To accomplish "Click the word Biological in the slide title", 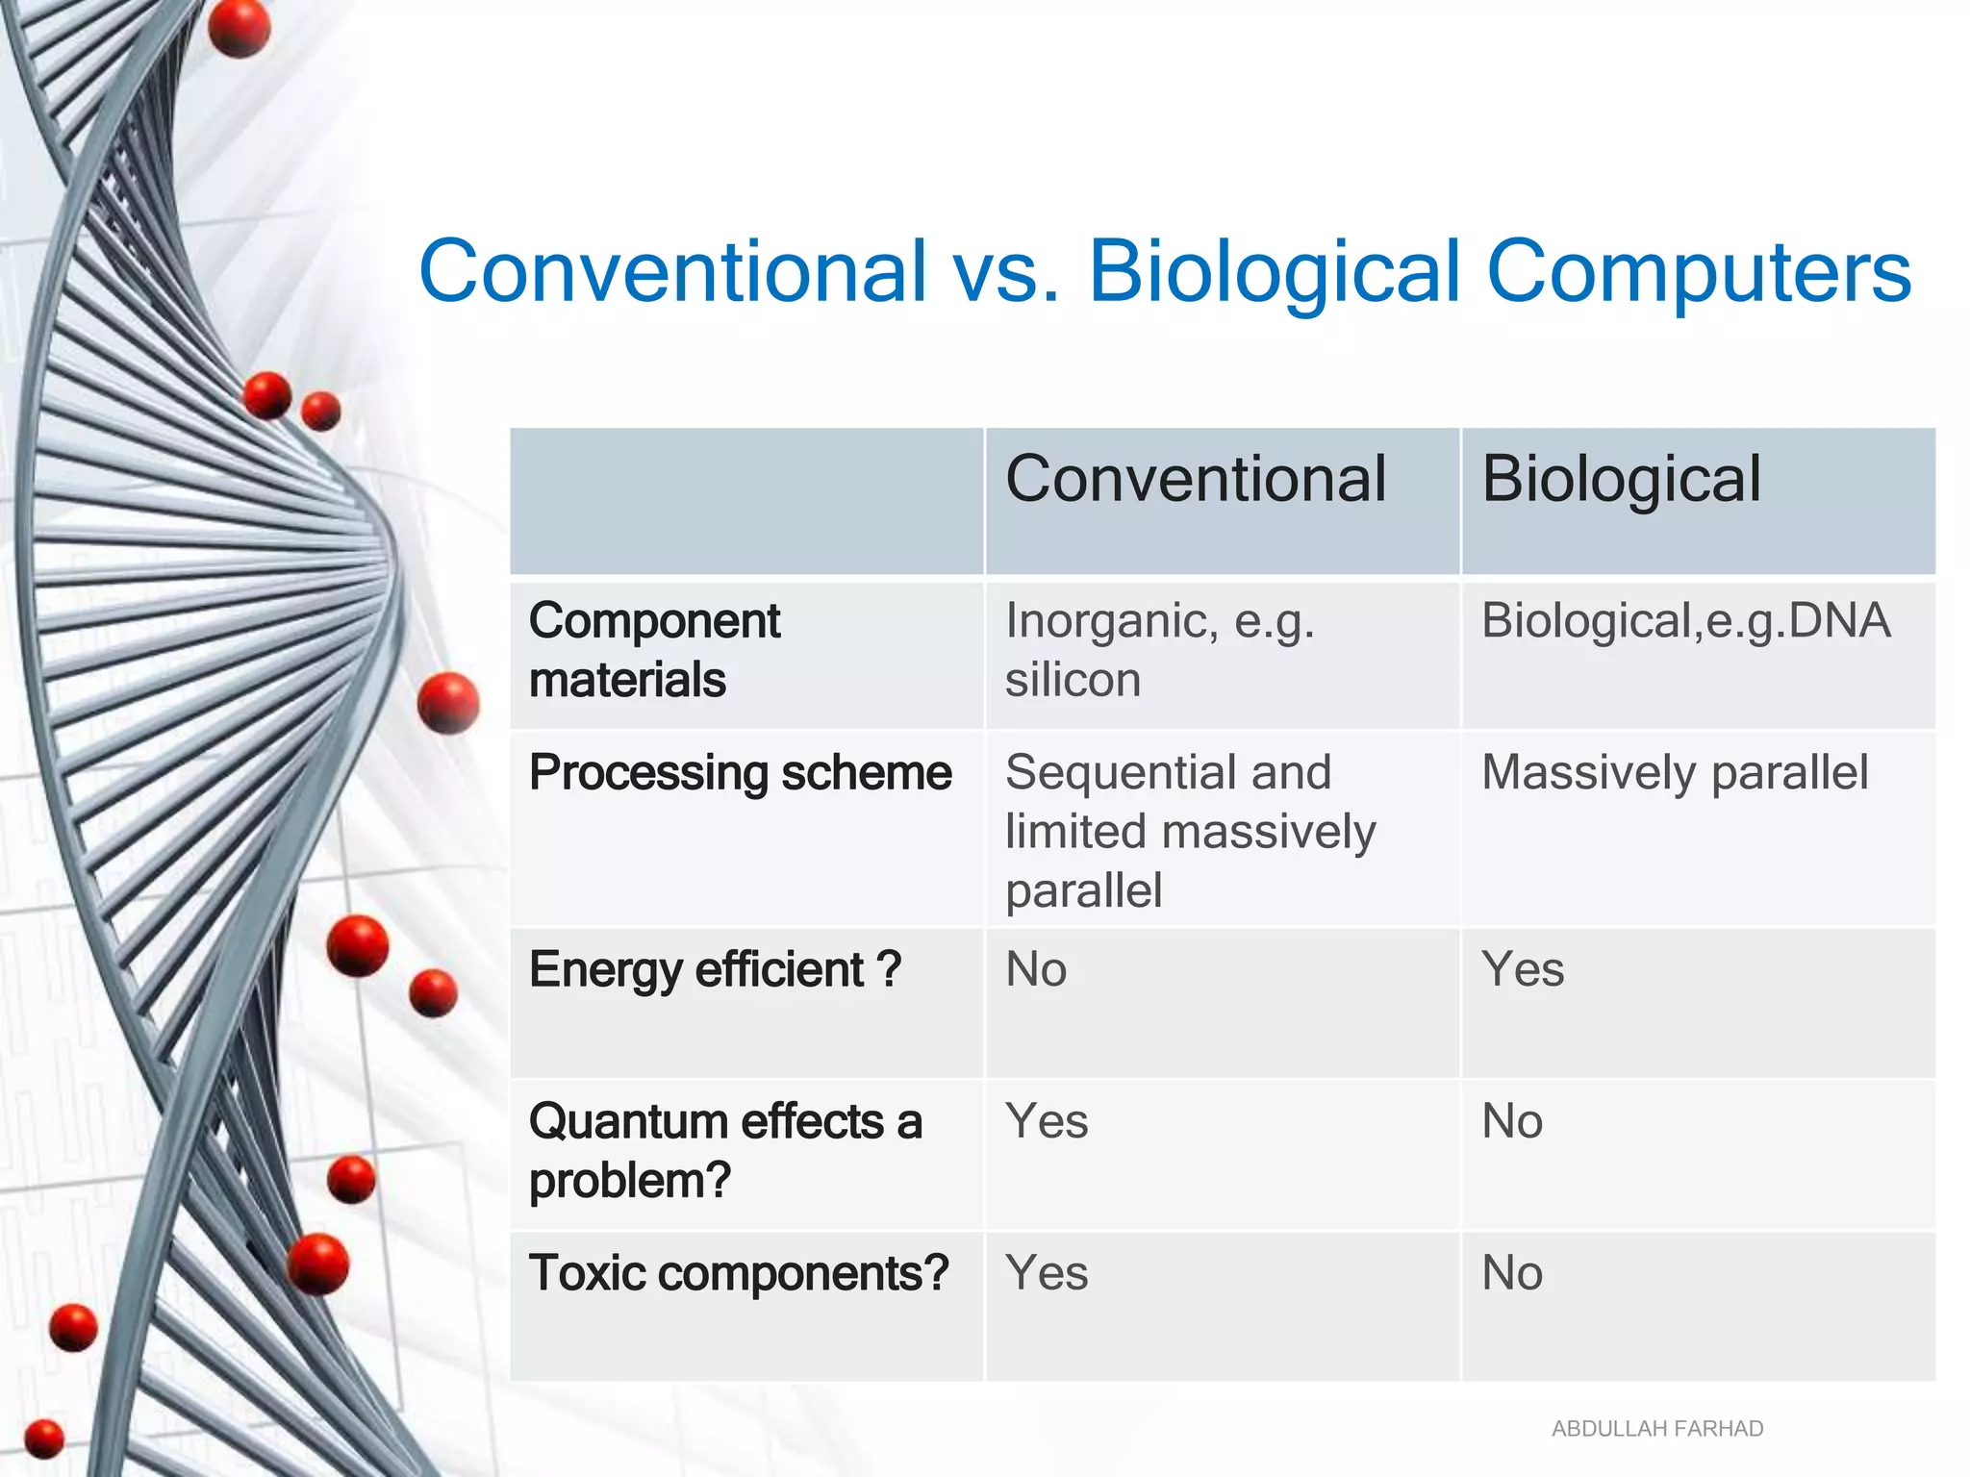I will pyautogui.click(x=1274, y=272).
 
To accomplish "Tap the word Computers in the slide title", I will pyautogui.click(x=1698, y=272).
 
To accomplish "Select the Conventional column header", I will pyautogui.click(x=1196, y=479).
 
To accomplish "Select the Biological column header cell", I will pyautogui.click(x=1621, y=479).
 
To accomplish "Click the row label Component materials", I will pyautogui.click(x=654, y=650).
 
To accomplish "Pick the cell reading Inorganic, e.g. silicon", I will pyautogui.click(x=1159, y=650).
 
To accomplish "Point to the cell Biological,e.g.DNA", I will pyautogui.click(x=1685, y=621).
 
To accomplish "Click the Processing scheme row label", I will pyautogui.click(x=740, y=773).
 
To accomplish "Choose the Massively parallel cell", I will pyautogui.click(x=1674, y=773).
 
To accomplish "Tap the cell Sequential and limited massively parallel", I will pyautogui.click(x=1190, y=831).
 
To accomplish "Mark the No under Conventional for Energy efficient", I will pyautogui.click(x=1036, y=969).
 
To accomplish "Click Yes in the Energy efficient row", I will pyautogui.click(x=1523, y=969).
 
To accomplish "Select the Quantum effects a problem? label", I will pyautogui.click(x=725, y=1150).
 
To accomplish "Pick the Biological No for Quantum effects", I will pyautogui.click(x=1512, y=1121).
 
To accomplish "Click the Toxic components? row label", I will pyautogui.click(x=739, y=1273).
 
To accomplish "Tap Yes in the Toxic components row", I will pyautogui.click(x=1047, y=1273).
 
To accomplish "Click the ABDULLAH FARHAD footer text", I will pyautogui.click(x=1656, y=1429).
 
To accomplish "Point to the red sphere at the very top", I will pyautogui.click(x=239, y=28).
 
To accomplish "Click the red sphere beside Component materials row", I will pyautogui.click(x=448, y=703).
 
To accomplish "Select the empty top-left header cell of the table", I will pyautogui.click(x=746, y=501).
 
